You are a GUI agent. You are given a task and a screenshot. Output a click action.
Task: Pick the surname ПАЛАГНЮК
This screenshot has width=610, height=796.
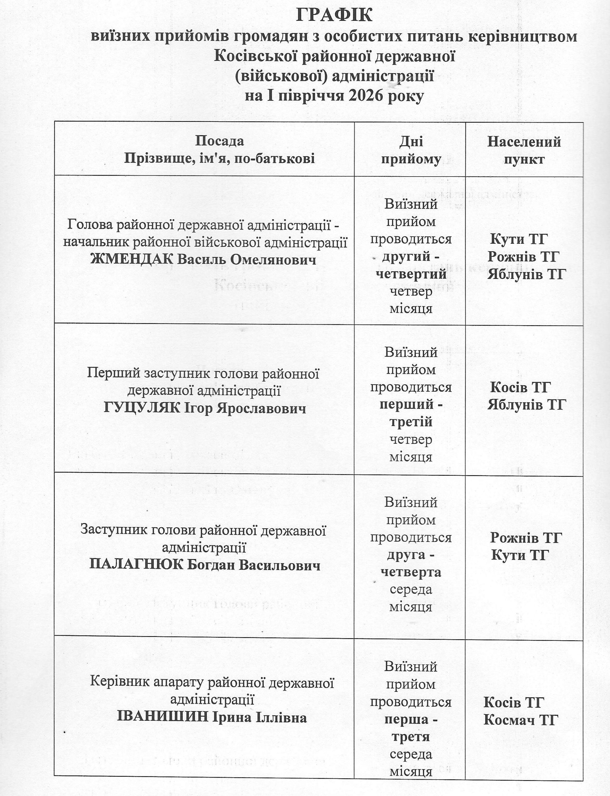(135, 566)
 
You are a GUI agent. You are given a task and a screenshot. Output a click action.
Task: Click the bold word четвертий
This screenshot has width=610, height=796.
(411, 274)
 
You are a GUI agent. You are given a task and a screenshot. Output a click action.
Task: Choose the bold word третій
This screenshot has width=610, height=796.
(411, 422)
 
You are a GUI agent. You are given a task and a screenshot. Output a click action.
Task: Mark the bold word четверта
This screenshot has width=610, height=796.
(411, 572)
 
